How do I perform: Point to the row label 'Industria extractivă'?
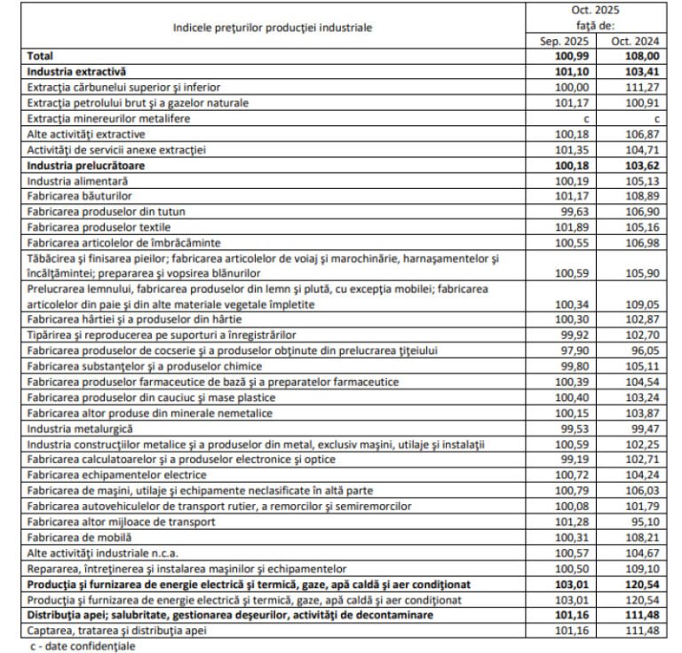pos(78,71)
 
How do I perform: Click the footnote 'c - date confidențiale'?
pos(82,646)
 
